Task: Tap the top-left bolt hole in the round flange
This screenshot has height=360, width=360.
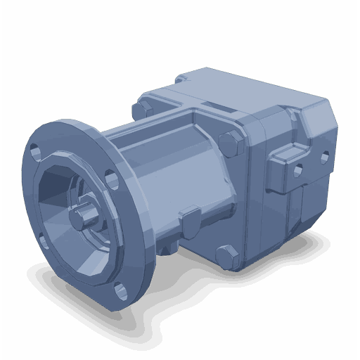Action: click(x=35, y=150)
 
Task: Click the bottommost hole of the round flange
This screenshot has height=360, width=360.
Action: click(x=121, y=289)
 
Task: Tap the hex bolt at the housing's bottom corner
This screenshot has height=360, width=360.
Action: click(x=226, y=255)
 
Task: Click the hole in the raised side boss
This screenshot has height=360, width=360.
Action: click(x=298, y=169)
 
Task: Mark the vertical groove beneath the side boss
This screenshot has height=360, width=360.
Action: click(x=299, y=207)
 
